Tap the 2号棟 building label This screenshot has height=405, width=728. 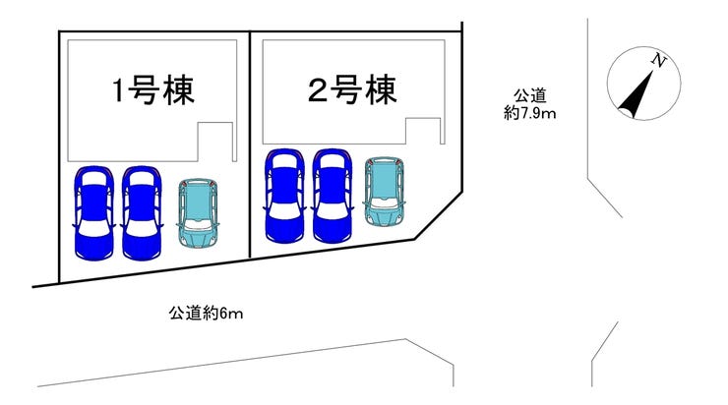351,91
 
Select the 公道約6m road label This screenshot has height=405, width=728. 206,314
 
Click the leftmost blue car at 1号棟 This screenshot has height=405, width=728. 93,212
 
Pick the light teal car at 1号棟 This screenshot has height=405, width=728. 201,211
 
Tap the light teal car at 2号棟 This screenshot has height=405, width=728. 384,189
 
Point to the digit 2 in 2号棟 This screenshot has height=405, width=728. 318,91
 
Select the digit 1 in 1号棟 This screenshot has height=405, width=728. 117,92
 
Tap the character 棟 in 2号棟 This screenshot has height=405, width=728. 382,91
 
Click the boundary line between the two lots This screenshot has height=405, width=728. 250,147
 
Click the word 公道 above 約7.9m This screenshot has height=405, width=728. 530,97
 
